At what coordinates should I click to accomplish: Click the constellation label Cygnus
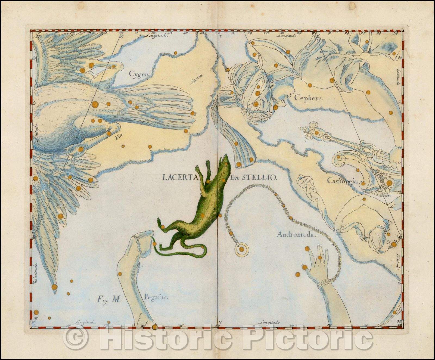click(x=138, y=73)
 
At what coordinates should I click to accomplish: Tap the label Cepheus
click(x=308, y=98)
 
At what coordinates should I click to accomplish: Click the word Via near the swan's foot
click(x=118, y=138)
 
